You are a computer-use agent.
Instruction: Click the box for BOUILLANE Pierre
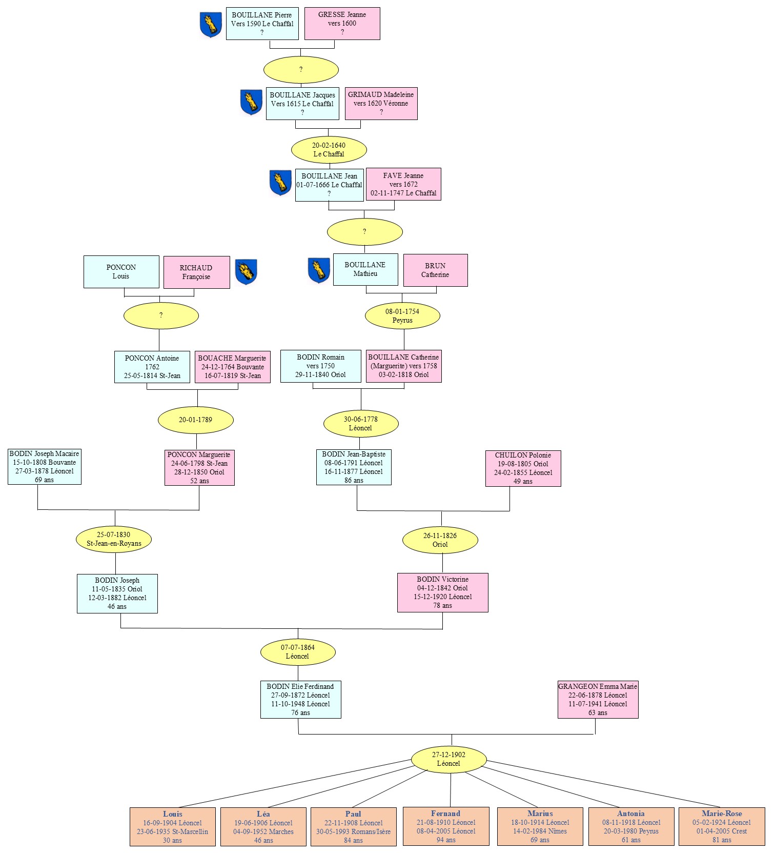[262, 24]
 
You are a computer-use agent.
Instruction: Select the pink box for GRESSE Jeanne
[342, 24]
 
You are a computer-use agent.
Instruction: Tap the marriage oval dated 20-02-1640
[329, 150]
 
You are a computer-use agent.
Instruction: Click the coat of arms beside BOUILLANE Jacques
[251, 102]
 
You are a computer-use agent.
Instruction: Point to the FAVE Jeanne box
[403, 184]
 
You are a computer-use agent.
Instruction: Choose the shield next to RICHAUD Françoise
[246, 272]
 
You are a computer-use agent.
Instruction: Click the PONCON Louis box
[121, 272]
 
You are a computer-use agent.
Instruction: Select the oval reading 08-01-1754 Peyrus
[402, 316]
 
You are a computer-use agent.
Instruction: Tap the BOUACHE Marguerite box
[232, 367]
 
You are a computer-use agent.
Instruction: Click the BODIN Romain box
[320, 366]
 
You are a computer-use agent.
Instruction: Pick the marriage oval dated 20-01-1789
[195, 420]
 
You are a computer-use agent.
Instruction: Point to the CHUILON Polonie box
[523, 468]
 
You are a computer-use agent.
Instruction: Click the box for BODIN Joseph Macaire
[45, 467]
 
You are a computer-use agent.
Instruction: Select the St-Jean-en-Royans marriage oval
[114, 539]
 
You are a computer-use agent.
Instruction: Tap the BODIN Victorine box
[442, 592]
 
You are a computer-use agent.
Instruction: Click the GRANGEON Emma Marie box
[598, 700]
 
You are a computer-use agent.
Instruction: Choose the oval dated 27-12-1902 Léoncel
[448, 759]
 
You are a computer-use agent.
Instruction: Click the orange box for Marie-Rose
[721, 827]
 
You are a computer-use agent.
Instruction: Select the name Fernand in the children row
[445, 814]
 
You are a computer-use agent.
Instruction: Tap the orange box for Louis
[172, 827]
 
